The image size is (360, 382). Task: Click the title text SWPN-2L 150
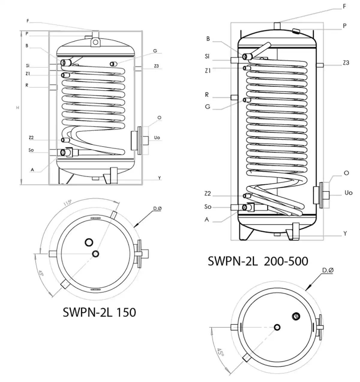point(99,312)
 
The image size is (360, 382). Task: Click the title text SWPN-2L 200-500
point(258,261)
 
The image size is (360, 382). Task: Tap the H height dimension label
point(18,107)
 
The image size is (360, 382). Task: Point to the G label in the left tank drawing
point(155,51)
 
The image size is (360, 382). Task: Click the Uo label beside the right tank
point(348,193)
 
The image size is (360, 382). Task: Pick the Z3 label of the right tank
point(346,63)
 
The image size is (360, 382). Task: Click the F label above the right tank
point(344,6)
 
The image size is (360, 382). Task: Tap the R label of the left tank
point(27,85)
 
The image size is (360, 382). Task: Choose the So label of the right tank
point(208,207)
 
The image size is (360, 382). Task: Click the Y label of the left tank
point(160,178)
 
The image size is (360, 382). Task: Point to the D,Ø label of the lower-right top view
point(328,271)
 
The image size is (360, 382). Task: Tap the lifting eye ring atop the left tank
point(95,42)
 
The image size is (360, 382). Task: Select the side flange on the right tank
point(320,195)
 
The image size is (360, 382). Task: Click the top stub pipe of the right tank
point(277,26)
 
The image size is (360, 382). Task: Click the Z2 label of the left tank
point(31,138)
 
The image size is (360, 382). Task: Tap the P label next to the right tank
point(345,26)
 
